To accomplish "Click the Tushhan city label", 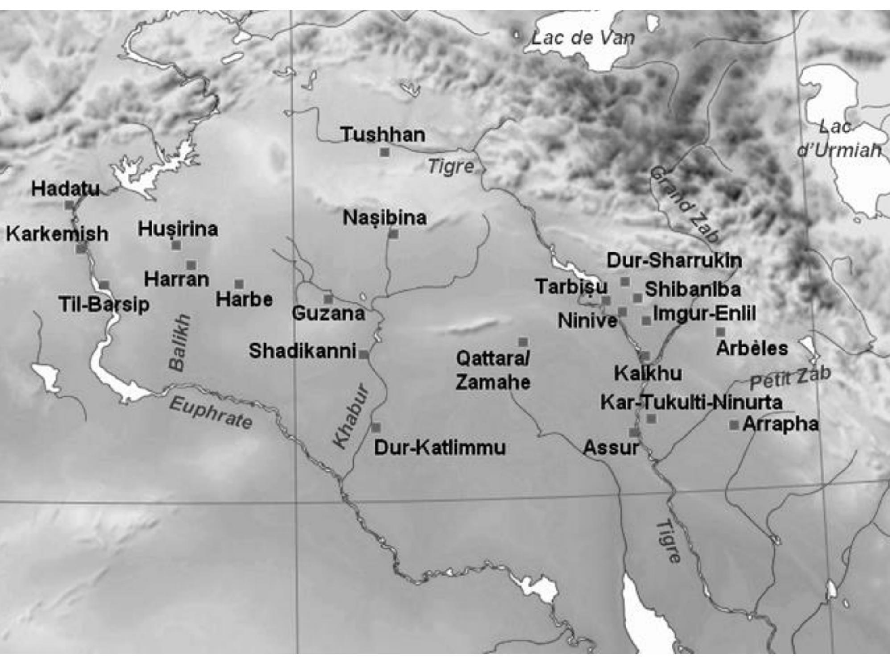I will (383, 135).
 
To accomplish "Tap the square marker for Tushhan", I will (384, 153).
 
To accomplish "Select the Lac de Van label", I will (582, 38).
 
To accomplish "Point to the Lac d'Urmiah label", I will (838, 139).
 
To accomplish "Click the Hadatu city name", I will (65, 189).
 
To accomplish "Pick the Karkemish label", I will (57, 234).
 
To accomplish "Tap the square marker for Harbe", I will (239, 284).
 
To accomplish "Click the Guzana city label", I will (328, 313).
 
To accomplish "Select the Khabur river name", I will (351, 416).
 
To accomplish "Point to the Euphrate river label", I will (211, 413).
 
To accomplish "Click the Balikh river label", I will (180, 343).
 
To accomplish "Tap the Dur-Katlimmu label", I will (440, 448).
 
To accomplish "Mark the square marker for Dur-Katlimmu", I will (376, 428).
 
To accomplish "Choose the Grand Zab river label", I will (684, 204).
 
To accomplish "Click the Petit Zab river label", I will (790, 378).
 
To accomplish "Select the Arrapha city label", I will (780, 424).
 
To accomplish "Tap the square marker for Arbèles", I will (720, 332).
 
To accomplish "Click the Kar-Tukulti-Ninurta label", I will (691, 403).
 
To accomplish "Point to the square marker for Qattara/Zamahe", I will (523, 342).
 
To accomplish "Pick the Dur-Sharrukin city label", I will (674, 260).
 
